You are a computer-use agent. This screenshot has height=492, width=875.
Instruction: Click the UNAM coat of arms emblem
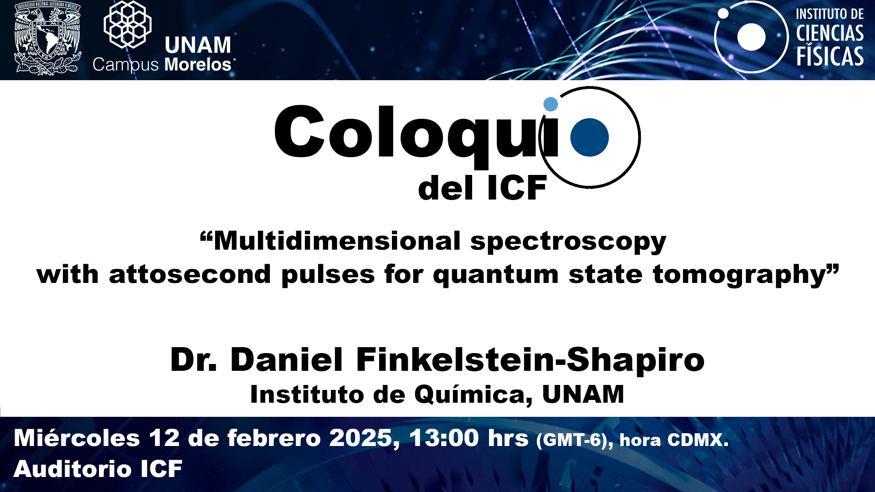[47, 38]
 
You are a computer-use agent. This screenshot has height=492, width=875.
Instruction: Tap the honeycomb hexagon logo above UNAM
[128, 24]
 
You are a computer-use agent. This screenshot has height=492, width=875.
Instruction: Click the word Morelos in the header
[198, 65]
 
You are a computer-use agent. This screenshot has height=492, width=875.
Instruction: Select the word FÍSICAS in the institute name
[830, 56]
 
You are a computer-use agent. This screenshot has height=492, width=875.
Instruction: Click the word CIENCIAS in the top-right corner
[830, 33]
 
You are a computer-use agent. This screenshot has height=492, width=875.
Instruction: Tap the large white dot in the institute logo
[751, 37]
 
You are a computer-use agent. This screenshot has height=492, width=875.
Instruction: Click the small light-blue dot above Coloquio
[551, 104]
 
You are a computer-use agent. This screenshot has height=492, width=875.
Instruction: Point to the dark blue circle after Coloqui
[590, 137]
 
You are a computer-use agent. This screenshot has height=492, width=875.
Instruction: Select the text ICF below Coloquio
[517, 188]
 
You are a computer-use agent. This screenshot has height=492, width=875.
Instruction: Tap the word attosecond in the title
[190, 275]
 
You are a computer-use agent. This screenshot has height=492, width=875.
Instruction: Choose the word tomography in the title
[740, 276]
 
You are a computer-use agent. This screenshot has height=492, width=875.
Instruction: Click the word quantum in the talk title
[495, 276]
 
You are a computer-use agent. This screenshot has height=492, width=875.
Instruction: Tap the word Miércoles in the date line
[77, 438]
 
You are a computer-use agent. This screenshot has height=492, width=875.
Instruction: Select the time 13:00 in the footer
[444, 438]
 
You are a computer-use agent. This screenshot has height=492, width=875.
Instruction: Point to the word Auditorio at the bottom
[72, 469]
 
